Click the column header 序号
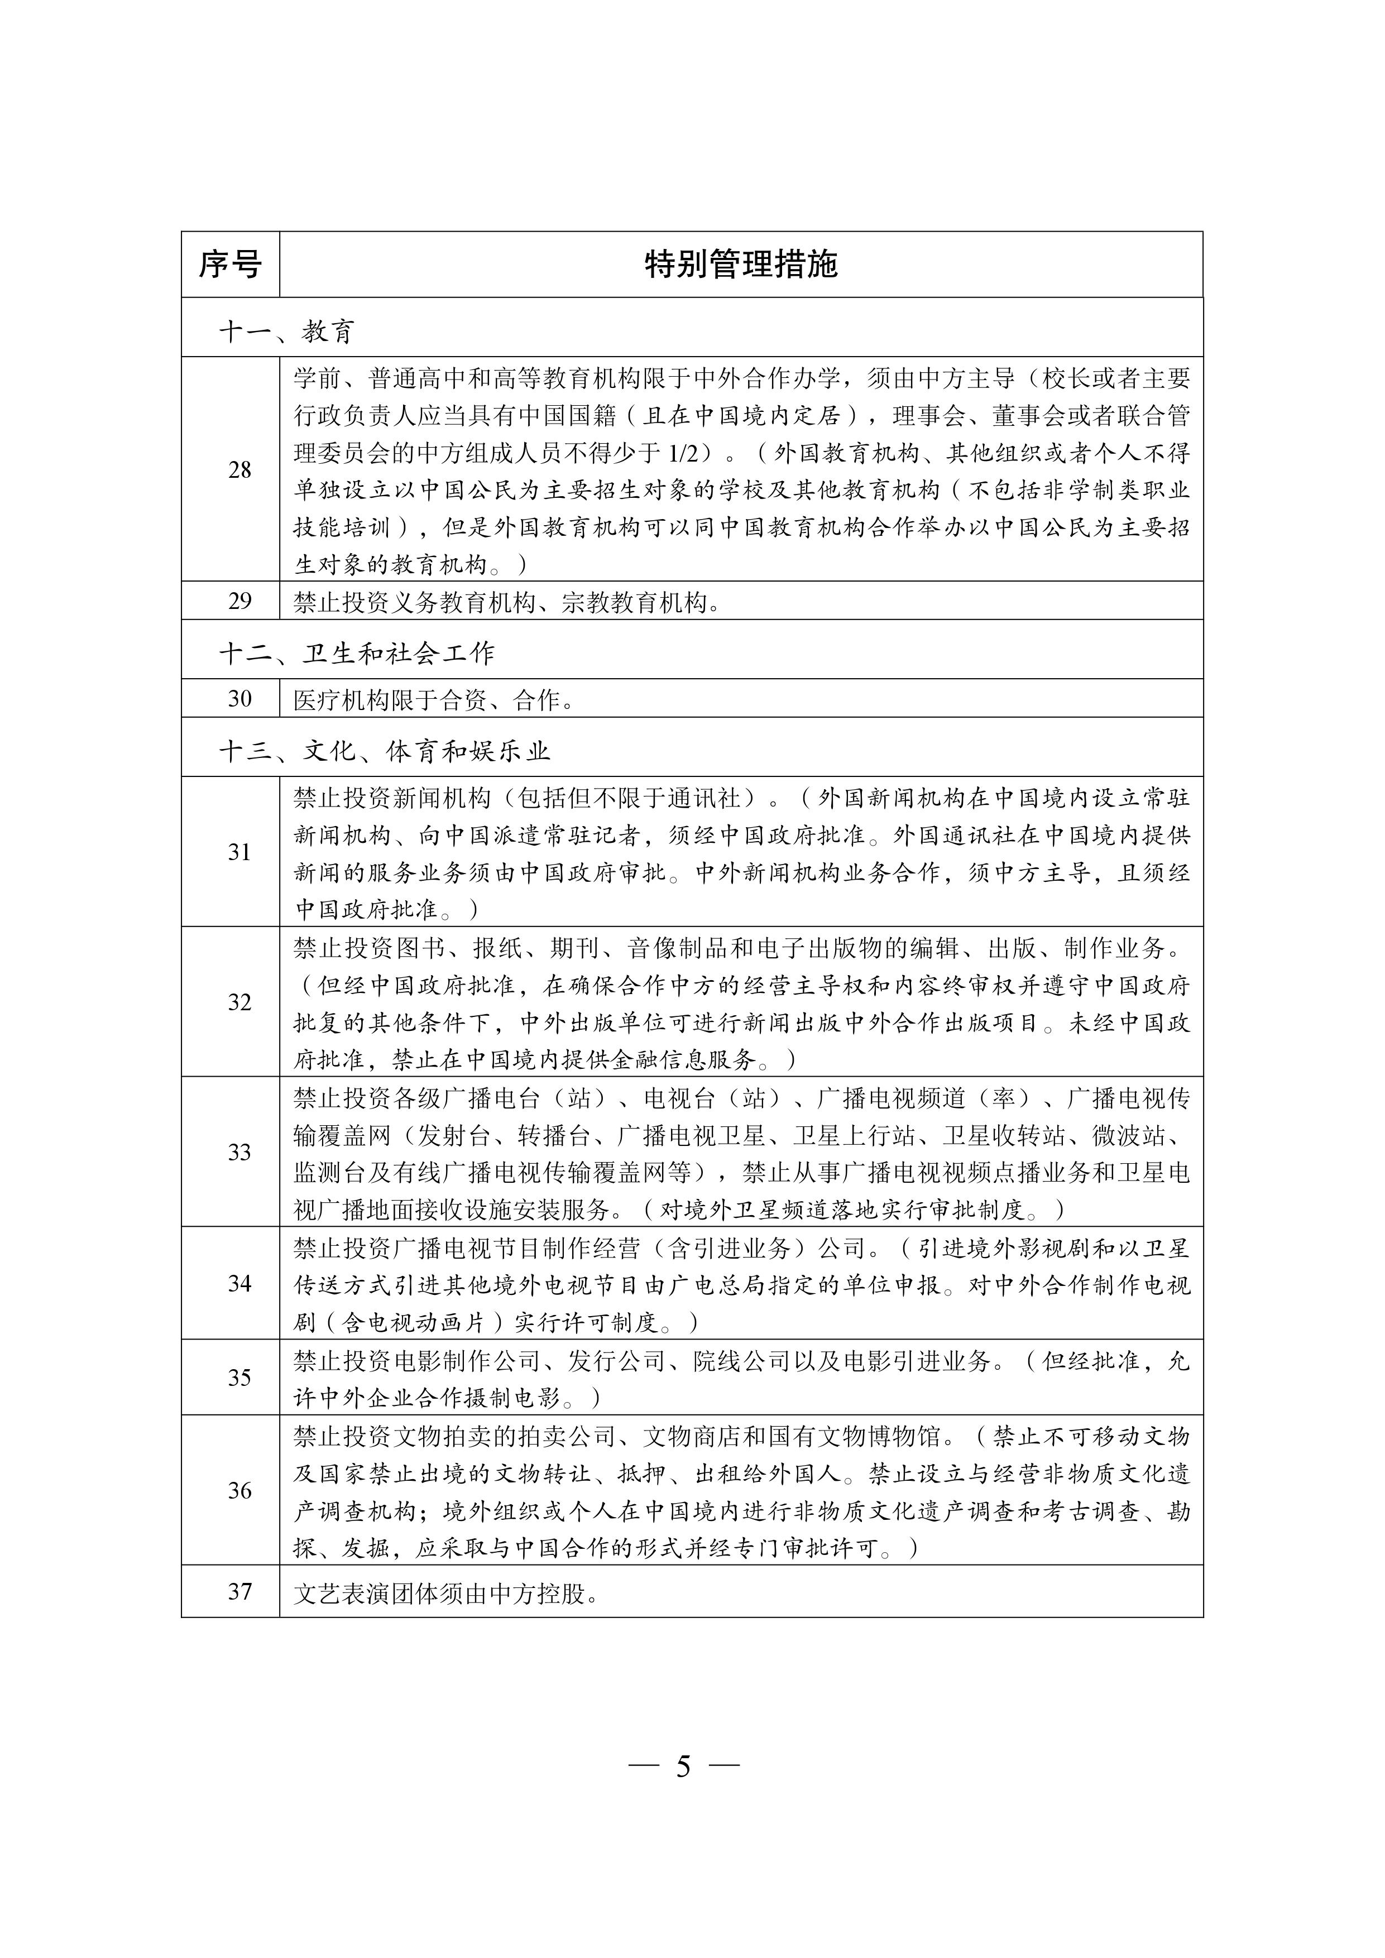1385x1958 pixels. (x=230, y=265)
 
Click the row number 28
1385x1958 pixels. (x=239, y=470)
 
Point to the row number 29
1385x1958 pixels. (x=239, y=601)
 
